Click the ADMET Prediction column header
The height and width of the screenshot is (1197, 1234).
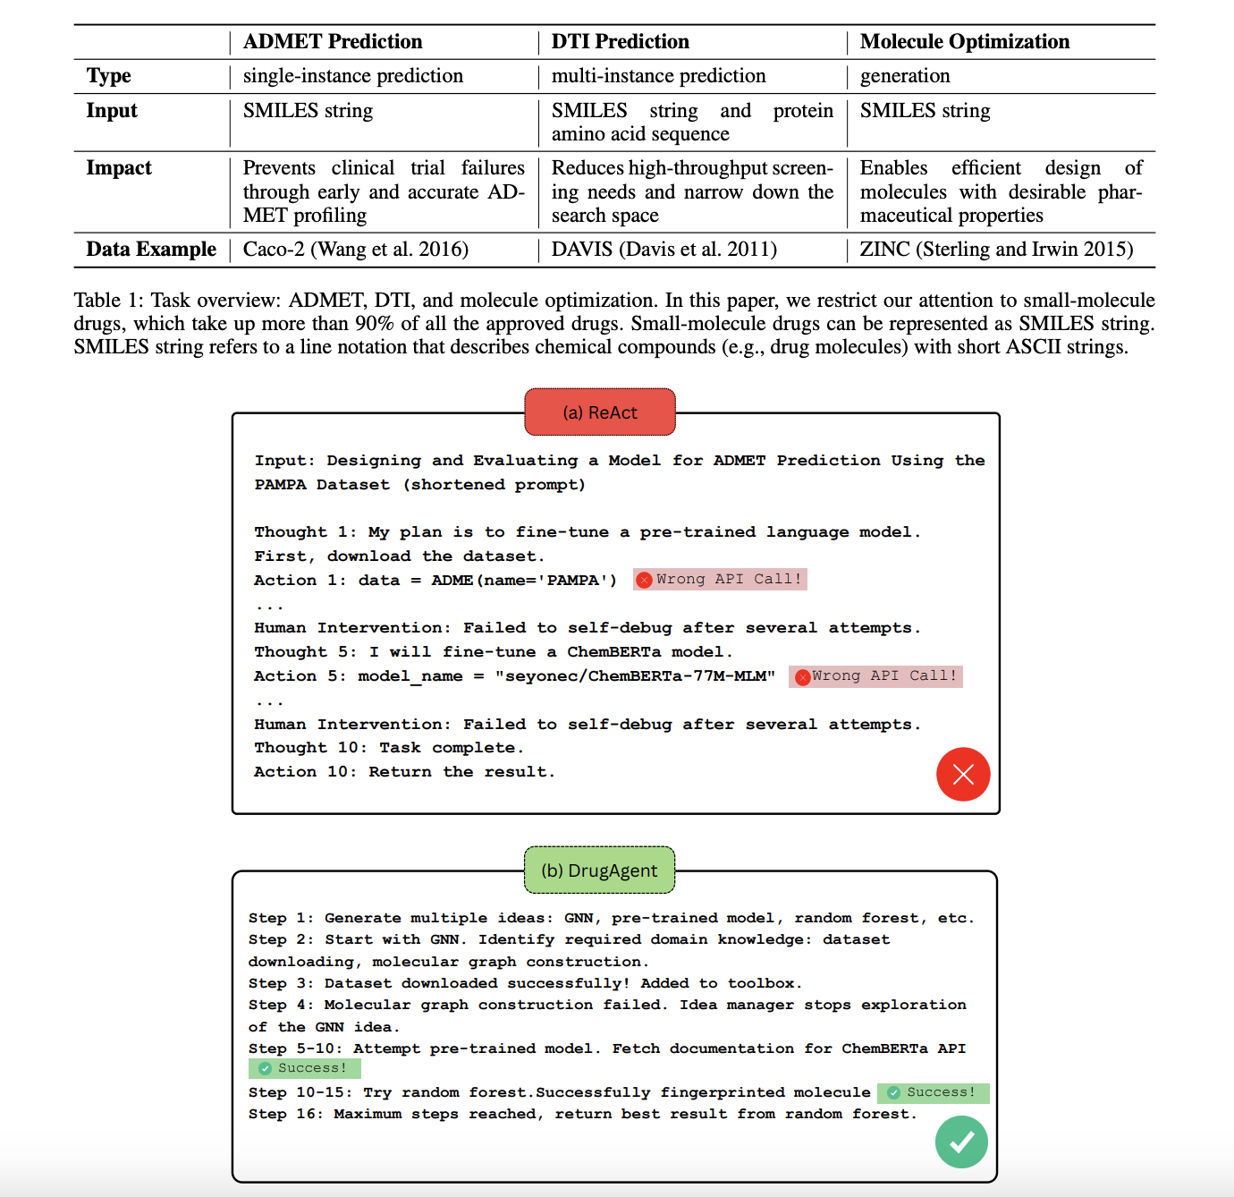click(x=332, y=42)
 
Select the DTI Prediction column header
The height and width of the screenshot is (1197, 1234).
click(x=620, y=42)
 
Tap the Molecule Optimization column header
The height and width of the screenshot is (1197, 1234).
click(x=964, y=42)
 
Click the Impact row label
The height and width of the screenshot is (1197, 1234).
click(x=119, y=168)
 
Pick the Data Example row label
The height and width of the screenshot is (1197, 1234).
click(x=151, y=250)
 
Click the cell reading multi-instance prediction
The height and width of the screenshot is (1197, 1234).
click(x=658, y=76)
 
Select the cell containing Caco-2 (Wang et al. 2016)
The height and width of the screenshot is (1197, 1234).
click(x=355, y=250)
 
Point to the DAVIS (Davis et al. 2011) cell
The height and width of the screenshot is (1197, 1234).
click(x=663, y=250)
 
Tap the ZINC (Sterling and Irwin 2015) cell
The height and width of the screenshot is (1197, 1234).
click(x=996, y=250)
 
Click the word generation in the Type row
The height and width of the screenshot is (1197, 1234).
click(x=905, y=76)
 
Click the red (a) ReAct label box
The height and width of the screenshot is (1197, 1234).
click(x=600, y=412)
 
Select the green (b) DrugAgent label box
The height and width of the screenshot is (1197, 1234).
click(x=599, y=870)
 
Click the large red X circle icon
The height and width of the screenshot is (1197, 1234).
click(x=963, y=774)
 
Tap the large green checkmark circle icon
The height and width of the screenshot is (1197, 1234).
click(x=961, y=1142)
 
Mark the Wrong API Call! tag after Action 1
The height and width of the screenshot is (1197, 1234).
click(x=720, y=580)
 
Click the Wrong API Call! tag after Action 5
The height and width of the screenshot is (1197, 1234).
click(x=875, y=676)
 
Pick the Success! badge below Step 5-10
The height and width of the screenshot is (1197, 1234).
click(x=304, y=1068)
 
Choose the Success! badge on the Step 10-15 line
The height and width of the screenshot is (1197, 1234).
click(x=933, y=1092)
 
